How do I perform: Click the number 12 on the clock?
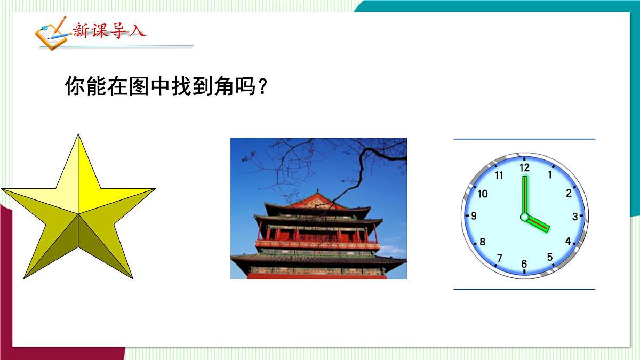click(525, 167)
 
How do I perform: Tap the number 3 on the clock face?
click(575, 217)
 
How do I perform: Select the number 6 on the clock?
click(524, 264)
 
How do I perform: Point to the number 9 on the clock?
click(473, 217)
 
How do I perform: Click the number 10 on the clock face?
click(483, 194)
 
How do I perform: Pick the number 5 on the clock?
click(550, 257)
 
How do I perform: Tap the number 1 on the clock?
click(550, 174)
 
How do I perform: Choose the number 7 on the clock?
click(499, 259)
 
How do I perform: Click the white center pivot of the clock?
click(524, 217)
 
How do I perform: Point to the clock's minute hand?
click(524, 195)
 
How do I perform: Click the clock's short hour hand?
click(537, 225)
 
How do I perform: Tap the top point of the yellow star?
click(78, 137)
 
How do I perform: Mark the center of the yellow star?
click(78, 214)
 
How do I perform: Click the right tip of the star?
click(153, 189)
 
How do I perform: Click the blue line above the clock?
click(524, 139)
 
